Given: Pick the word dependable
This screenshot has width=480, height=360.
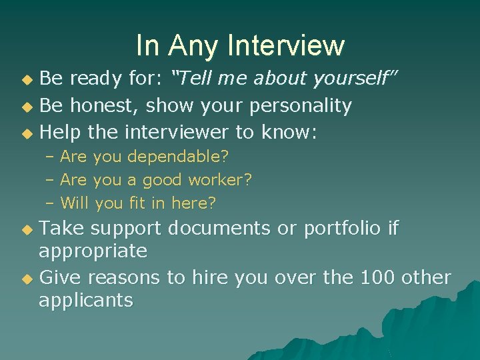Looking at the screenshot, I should click(x=177, y=157).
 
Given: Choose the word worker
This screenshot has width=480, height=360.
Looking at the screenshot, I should click(x=219, y=180).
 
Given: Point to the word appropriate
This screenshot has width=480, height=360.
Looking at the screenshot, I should click(x=93, y=251).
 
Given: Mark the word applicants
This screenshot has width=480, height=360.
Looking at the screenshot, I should click(x=86, y=300).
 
